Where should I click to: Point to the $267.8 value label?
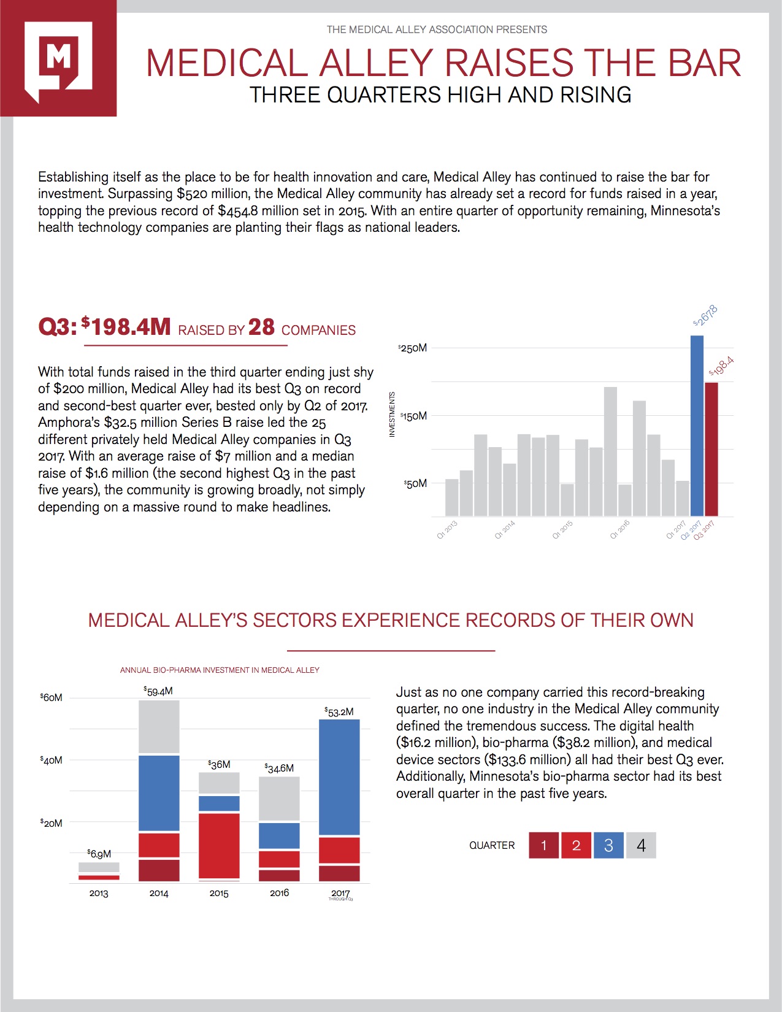pyautogui.click(x=705, y=315)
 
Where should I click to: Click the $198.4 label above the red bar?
pyautogui.click(x=721, y=366)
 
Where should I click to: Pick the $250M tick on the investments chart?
pyautogui.click(x=413, y=348)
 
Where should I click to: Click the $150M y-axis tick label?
pyautogui.click(x=413, y=416)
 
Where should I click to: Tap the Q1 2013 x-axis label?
pyautogui.click(x=447, y=529)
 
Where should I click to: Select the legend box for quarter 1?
pyautogui.click(x=543, y=845)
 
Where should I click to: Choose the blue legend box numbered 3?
pyautogui.click(x=608, y=845)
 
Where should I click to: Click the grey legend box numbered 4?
pyautogui.click(x=641, y=845)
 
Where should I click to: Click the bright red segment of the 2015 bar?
pyautogui.click(x=219, y=845)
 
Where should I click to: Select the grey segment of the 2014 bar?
pyautogui.click(x=159, y=726)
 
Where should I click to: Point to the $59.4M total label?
pyautogui.click(x=158, y=691)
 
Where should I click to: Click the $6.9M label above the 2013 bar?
pyautogui.click(x=99, y=854)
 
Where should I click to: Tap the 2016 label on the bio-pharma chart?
pyautogui.click(x=279, y=893)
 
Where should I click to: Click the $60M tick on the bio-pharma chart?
pyautogui.click(x=52, y=698)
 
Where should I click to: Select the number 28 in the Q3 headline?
pyautogui.click(x=261, y=328)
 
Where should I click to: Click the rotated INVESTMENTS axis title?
pyautogui.click(x=393, y=415)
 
